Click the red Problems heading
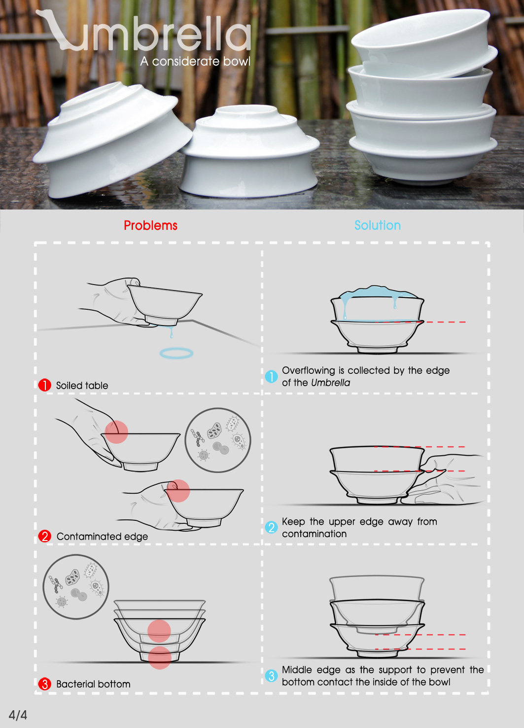(150, 225)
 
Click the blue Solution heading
(378, 225)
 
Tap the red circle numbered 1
(45, 385)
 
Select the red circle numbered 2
(45, 536)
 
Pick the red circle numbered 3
(45, 684)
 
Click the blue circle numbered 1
(271, 376)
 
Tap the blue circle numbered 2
(271, 527)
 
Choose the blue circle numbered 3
(271, 676)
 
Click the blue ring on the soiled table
(176, 353)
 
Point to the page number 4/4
(18, 715)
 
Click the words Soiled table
(82, 386)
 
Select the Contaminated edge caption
(102, 537)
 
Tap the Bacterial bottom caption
(93, 684)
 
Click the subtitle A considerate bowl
(195, 61)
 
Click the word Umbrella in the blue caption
(331, 383)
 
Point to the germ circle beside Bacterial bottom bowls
(76, 587)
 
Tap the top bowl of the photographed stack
(424, 44)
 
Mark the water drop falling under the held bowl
(172, 334)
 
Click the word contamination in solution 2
(314, 534)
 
